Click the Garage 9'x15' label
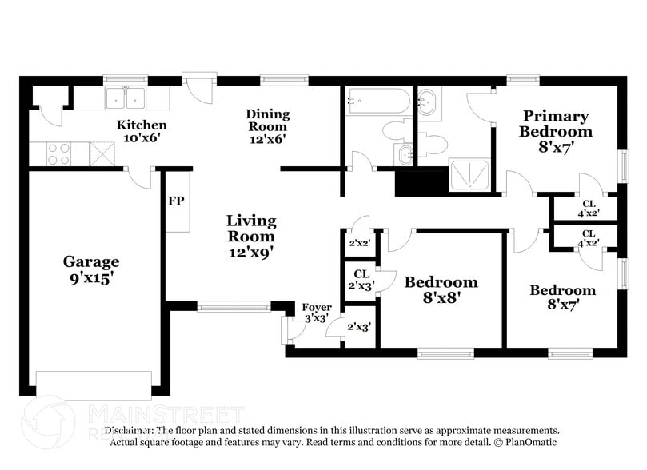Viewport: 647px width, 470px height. [x=92, y=270]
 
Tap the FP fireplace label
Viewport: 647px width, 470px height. [x=176, y=200]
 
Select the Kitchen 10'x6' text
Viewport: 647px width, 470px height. [x=142, y=132]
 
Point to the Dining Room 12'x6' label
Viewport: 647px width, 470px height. [x=267, y=126]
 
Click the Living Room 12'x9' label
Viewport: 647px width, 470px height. [x=250, y=236]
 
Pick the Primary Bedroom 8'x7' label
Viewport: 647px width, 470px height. [x=555, y=131]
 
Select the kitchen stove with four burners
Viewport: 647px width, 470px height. [x=59, y=153]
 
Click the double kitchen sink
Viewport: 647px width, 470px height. [x=126, y=99]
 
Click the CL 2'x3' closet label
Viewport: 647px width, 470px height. [x=361, y=280]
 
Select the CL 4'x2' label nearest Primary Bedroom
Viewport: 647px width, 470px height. [x=588, y=208]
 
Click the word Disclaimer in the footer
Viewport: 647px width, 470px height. [x=130, y=430]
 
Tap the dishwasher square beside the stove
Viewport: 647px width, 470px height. [x=102, y=152]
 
